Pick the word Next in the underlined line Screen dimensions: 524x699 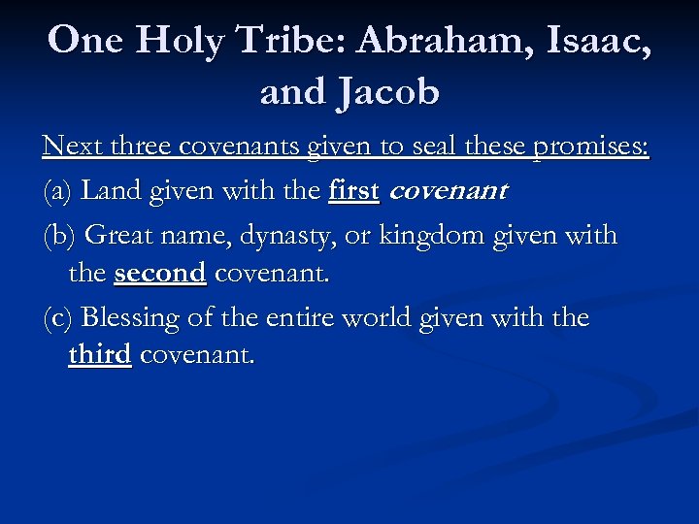68,147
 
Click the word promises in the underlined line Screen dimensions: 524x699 586,147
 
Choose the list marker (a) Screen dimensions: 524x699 57,191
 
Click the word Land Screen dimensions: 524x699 109,190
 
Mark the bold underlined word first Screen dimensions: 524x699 353,190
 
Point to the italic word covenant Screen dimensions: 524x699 447,192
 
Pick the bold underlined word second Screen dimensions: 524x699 160,274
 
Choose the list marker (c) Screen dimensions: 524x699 57,318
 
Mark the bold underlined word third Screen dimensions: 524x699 100,355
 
